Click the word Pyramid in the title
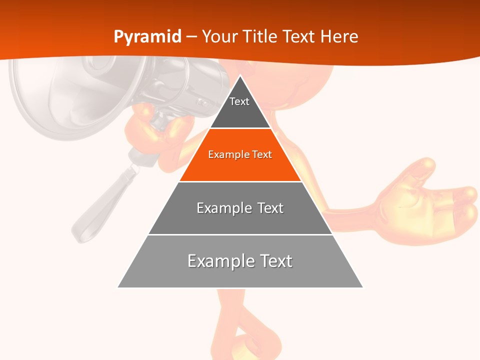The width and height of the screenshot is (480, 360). (x=147, y=37)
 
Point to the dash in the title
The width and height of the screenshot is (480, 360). (x=191, y=37)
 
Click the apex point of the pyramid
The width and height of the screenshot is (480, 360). (x=240, y=76)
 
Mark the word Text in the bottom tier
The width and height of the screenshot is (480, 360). (x=274, y=261)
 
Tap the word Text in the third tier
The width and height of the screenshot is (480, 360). (x=270, y=208)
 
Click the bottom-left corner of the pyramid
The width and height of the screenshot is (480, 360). (x=118, y=287)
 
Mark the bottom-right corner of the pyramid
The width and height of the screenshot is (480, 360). (x=362, y=287)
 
